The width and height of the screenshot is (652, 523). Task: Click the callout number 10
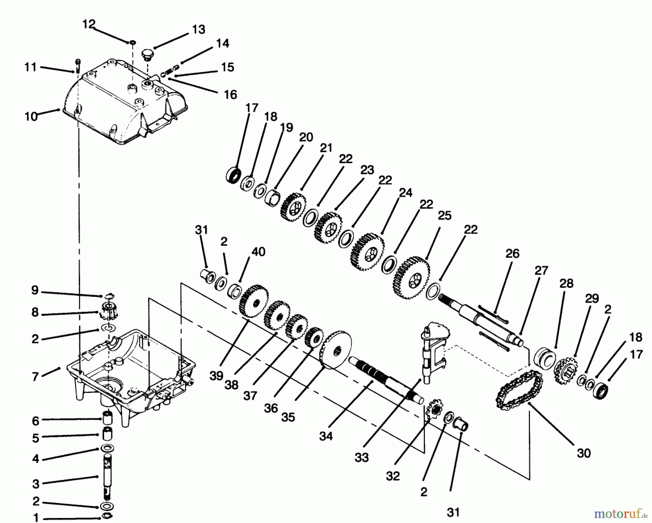click(x=31, y=117)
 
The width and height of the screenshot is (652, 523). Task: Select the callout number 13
click(x=198, y=29)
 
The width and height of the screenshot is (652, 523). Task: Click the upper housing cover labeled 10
click(x=123, y=105)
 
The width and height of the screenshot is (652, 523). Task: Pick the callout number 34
click(x=326, y=436)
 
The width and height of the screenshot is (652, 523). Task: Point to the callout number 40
click(x=258, y=252)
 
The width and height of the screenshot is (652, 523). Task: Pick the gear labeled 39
click(x=254, y=301)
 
